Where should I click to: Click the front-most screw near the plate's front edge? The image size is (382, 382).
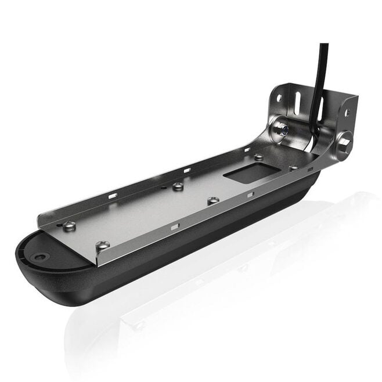[x=103, y=246]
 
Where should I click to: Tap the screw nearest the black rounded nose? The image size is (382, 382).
[x=69, y=226]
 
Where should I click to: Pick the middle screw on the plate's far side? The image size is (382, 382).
[x=178, y=186]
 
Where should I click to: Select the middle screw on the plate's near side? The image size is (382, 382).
[x=213, y=200]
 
